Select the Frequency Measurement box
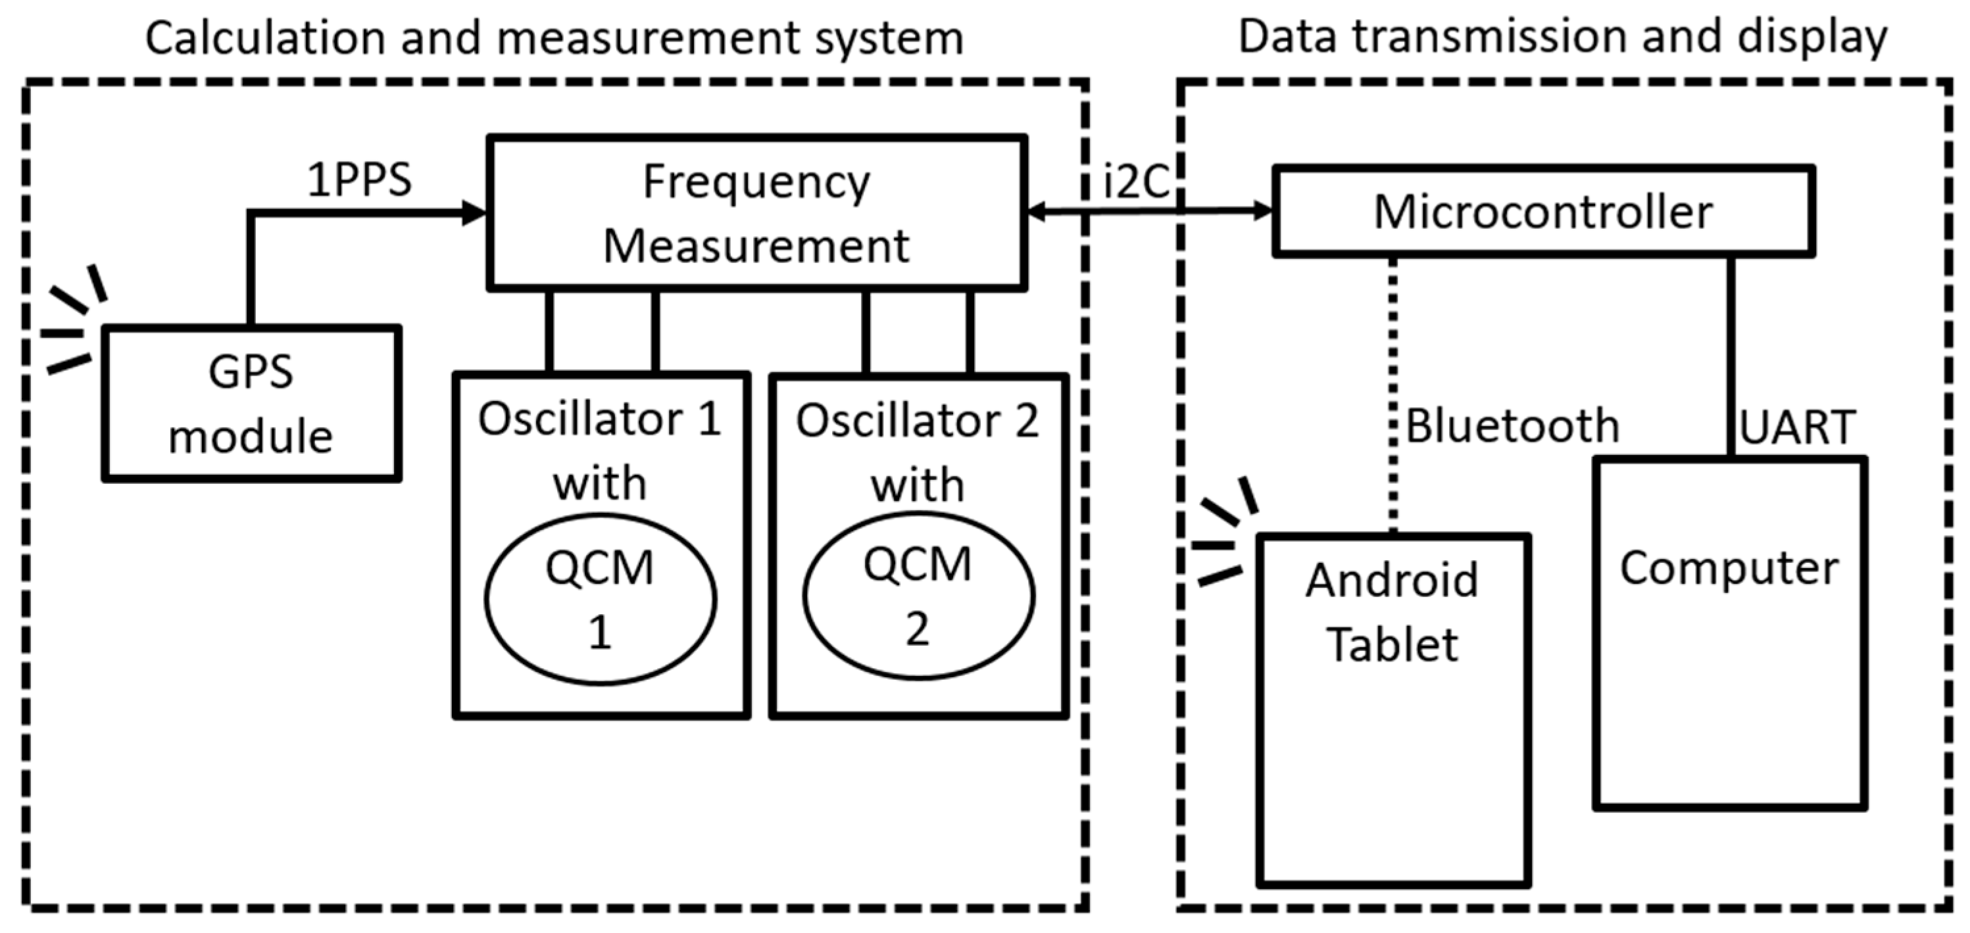(756, 214)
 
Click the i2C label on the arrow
(1137, 183)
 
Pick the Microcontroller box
(1543, 212)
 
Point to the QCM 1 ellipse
(601, 599)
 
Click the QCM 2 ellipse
(918, 596)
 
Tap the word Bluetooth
(1512, 426)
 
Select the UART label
(1797, 427)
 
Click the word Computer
(1729, 568)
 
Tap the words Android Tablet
(1392, 611)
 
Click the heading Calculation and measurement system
(554, 38)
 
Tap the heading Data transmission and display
(1562, 37)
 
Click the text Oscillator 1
(600, 419)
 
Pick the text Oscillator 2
(917, 421)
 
